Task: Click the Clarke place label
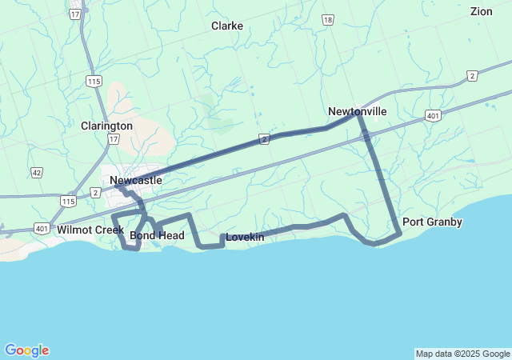pos(227,26)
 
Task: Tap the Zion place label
pos(482,11)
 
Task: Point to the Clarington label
pos(106,126)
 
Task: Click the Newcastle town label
pos(136,180)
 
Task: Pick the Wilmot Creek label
pos(90,230)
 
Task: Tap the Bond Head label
pos(157,235)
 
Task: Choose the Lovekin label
pos(245,237)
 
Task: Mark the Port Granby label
pos(432,222)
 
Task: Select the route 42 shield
pos(37,172)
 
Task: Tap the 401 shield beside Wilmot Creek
pos(42,228)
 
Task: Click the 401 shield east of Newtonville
pos(433,116)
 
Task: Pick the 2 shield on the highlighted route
pos(263,139)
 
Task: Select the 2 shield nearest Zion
pos(472,76)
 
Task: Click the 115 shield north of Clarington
pos(95,82)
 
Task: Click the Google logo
pos(26,350)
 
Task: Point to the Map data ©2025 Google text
pos(462,354)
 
